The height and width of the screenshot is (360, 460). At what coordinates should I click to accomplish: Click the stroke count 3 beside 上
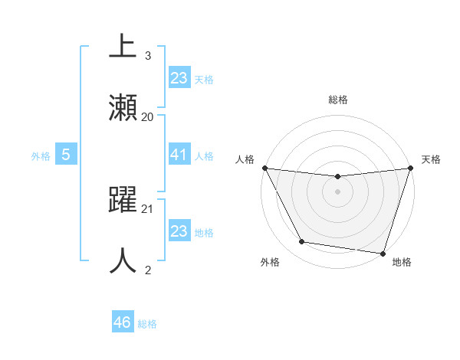pos(148,56)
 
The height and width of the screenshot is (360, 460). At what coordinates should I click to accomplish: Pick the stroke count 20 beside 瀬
pos(148,116)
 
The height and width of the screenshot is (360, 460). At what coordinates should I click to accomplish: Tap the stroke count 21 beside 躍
pos(148,208)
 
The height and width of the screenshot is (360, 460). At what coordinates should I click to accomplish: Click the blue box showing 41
pos(179,155)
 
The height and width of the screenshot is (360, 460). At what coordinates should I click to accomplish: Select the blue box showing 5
pos(66,155)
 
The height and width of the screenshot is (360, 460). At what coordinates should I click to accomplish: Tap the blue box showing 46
pos(123,322)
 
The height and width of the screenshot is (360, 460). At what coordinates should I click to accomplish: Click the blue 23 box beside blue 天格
pos(179,77)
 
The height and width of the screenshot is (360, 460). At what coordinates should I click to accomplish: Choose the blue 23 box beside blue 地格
pos(179,231)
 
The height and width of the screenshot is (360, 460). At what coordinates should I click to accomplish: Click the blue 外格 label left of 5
pos(41,155)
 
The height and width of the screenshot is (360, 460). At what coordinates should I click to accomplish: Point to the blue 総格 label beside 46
pos(147,324)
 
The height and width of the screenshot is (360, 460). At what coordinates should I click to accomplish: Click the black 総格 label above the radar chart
pos(337,100)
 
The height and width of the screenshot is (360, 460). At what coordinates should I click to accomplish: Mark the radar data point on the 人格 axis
pos(265,168)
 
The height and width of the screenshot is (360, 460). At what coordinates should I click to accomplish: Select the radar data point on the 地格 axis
pos(383,253)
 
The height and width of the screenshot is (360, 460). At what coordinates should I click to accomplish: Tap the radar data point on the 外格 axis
pos(302,242)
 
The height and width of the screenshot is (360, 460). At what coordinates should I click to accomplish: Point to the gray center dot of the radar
pos(337,191)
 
